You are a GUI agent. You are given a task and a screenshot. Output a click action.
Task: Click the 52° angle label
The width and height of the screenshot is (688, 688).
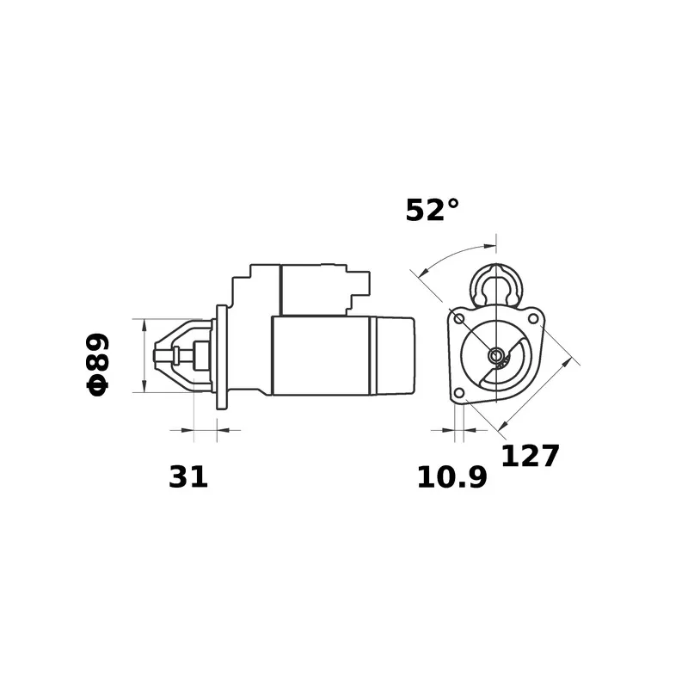click(x=433, y=210)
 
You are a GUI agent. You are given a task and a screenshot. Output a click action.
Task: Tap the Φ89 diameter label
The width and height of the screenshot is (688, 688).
click(x=97, y=365)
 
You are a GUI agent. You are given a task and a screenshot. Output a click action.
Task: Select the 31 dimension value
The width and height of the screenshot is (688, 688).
click(x=188, y=477)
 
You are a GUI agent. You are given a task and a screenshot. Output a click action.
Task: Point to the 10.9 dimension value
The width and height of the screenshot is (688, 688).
click(x=452, y=477)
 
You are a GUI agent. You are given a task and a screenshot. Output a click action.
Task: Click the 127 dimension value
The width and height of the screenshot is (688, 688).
click(x=530, y=456)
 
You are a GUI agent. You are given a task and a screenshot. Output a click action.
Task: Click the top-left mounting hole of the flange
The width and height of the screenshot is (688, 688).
click(x=459, y=318)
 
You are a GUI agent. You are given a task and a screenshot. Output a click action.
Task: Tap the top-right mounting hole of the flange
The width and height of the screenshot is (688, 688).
click(x=532, y=318)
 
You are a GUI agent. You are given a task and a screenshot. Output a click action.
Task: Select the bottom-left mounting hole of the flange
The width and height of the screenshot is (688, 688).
click(x=458, y=393)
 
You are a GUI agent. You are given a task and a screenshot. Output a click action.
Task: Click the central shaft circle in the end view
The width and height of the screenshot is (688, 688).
click(x=496, y=355)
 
